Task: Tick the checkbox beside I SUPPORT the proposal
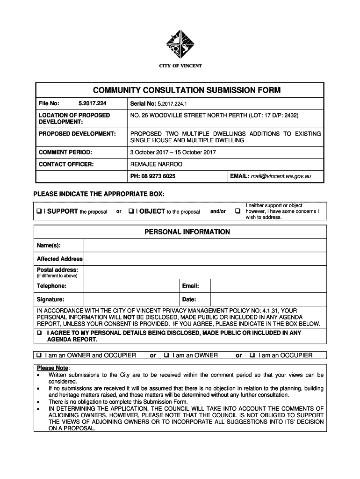click(x=40, y=211)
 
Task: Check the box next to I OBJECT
click(x=131, y=211)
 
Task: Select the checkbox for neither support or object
click(x=238, y=211)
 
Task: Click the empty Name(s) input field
click(x=204, y=246)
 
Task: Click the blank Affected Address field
click(x=204, y=259)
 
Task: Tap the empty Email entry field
click(x=268, y=286)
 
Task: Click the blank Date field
click(x=268, y=299)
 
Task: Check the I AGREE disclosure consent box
click(x=40, y=333)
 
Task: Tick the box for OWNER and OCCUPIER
click(x=39, y=356)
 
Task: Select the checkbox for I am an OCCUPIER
click(x=252, y=356)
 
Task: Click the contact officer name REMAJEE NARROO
click(x=156, y=164)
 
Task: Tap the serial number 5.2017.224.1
click(x=173, y=103)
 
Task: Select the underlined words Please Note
click(x=52, y=368)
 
